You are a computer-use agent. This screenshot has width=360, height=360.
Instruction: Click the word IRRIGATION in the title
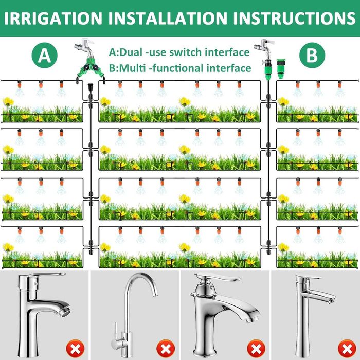point(53,18)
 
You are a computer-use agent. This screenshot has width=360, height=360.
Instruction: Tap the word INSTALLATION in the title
point(167,18)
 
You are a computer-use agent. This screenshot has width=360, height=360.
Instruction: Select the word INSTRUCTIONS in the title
point(294,18)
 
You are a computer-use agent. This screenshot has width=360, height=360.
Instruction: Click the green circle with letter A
point(44,56)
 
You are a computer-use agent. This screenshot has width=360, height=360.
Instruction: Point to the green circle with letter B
point(312,56)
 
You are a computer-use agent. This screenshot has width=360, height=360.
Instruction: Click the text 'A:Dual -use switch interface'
point(179,52)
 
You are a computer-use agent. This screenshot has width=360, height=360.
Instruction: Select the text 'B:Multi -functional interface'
point(180,68)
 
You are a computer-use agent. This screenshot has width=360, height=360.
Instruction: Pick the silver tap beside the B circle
point(264,47)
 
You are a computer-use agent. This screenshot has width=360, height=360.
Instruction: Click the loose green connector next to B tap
point(281,68)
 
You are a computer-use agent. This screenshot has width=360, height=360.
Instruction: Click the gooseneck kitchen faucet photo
point(135,315)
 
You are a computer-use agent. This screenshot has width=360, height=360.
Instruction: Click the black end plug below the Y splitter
point(90,87)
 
